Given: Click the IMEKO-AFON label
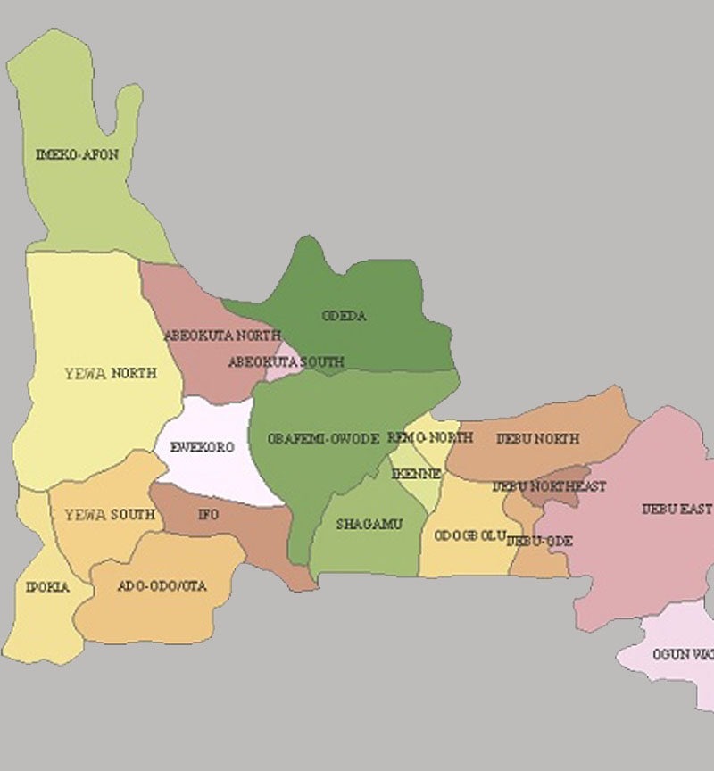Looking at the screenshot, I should coord(77,154).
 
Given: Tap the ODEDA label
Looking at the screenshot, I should coord(344,316).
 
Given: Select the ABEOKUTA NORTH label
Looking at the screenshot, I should coord(222,336).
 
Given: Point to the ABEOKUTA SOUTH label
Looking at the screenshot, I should coord(286,362).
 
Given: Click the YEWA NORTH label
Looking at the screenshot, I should coord(111,373).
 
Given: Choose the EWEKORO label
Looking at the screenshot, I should coord(202,447).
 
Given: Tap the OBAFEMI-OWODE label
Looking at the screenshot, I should coord(324,439).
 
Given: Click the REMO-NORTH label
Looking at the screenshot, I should coord(430,438).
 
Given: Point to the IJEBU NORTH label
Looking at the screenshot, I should coord(537,439).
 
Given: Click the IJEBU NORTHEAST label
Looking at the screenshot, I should coord(549,486).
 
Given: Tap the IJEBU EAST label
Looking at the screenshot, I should coord(677,510).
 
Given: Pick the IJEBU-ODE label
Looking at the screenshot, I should coord(539,541).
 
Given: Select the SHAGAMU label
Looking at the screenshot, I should coord(369,524).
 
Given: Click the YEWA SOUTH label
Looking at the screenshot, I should coord(110,515).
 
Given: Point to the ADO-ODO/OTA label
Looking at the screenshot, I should coord(162,586).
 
